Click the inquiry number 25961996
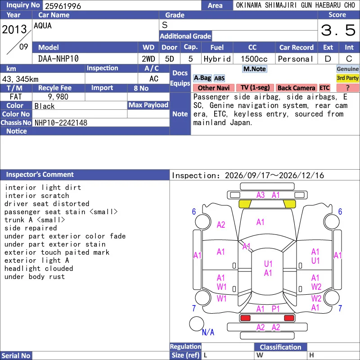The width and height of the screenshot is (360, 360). coord(63,6)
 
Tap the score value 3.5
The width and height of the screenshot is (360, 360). coord(338,30)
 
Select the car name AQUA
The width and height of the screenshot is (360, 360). coord(43,26)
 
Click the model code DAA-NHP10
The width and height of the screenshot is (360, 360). coord(58,59)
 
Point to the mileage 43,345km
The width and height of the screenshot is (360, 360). coord(20,79)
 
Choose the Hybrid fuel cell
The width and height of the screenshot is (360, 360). coord(217,59)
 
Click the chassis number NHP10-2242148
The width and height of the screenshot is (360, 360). coord(61,123)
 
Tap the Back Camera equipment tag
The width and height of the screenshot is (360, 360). coord(296,88)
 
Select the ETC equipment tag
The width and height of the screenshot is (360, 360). coord(324,88)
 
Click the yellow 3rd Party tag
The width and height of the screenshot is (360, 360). coord(347,78)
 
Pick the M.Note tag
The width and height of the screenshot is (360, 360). coord(255,69)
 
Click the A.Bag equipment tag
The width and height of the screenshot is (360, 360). coord(202,78)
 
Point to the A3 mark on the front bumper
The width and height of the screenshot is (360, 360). coord(261,195)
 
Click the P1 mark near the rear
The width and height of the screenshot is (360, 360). coord(275,309)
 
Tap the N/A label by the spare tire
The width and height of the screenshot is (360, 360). coord(208,332)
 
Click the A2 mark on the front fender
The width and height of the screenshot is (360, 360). coord(221,225)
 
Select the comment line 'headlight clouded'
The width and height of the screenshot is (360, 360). coord(39,268)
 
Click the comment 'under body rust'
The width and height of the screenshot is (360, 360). coord(35,277)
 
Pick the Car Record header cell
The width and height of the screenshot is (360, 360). coord(296,48)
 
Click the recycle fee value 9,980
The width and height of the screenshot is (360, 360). coord(58,97)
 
